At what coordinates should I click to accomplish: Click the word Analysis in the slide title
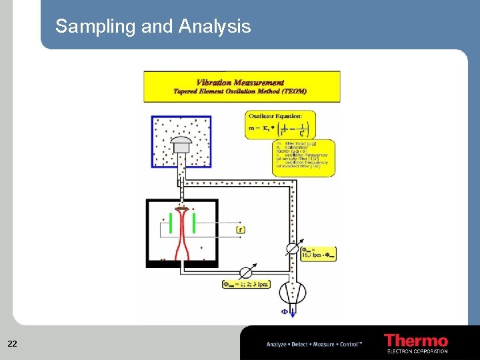[x=215, y=26]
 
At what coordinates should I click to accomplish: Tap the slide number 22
[x=12, y=344]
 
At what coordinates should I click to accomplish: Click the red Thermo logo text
[x=416, y=340]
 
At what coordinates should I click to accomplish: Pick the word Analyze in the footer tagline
[x=276, y=345]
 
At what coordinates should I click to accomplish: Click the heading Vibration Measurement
[x=241, y=83]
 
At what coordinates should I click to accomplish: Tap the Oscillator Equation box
[x=280, y=124]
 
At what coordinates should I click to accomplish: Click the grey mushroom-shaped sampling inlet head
[x=181, y=141]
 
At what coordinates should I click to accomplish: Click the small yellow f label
[x=241, y=230]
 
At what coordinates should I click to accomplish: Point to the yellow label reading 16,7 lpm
[x=318, y=253]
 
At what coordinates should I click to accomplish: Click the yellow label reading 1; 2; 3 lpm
[x=246, y=285]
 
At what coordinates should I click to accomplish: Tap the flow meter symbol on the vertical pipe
[x=291, y=248]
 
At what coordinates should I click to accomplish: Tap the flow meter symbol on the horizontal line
[x=246, y=271]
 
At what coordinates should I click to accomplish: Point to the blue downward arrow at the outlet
[x=292, y=311]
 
